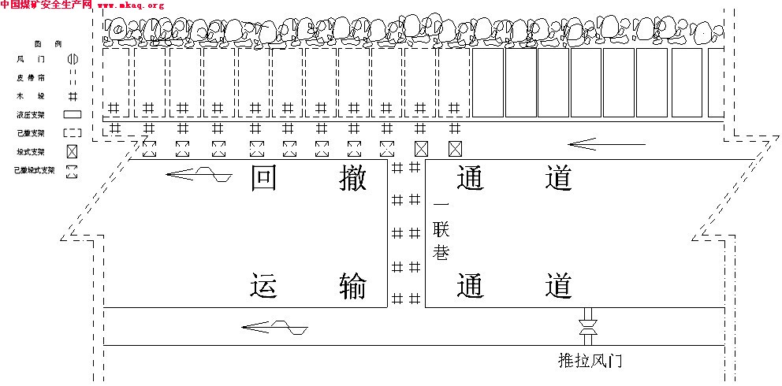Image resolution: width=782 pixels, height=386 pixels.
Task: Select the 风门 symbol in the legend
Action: click(x=72, y=59)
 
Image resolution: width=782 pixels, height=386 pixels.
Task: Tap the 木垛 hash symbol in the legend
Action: click(x=72, y=96)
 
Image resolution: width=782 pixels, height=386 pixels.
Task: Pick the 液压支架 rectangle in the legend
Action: click(x=72, y=114)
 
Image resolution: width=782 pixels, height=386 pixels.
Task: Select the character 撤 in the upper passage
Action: click(x=352, y=179)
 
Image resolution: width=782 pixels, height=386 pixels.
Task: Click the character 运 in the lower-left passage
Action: click(x=264, y=285)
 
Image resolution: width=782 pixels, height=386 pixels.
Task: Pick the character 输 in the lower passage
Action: click(x=352, y=285)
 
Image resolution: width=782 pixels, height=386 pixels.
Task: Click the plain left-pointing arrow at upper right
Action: click(x=607, y=144)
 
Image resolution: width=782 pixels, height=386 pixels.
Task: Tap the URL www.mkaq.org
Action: click(x=131, y=6)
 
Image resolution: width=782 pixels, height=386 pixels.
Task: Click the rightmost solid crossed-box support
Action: click(x=455, y=148)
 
